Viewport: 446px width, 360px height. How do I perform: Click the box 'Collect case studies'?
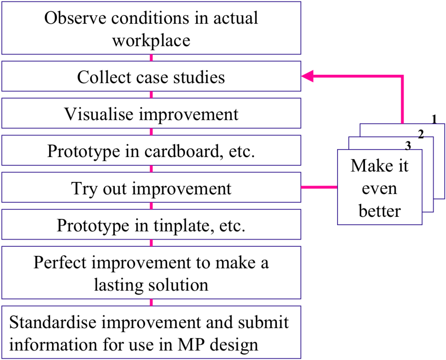click(151, 76)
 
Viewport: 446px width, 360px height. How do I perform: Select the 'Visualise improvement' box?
click(151, 113)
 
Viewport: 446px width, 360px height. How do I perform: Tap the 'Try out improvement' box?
click(151, 187)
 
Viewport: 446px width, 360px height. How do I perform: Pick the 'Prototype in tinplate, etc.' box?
click(151, 224)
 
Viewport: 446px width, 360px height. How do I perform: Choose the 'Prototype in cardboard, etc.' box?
click(151, 150)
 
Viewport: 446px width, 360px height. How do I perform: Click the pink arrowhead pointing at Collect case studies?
click(307, 76)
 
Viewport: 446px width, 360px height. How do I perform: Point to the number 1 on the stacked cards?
click(434, 119)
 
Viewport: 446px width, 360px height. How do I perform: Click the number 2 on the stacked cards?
click(421, 134)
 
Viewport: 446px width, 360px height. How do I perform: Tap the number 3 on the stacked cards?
click(408, 146)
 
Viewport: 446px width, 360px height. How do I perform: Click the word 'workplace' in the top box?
click(151, 41)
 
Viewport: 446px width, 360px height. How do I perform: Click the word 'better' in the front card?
click(380, 211)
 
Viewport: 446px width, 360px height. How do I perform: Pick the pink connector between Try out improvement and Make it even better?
click(319, 187)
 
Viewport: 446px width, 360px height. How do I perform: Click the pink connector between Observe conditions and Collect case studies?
click(151, 58)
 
